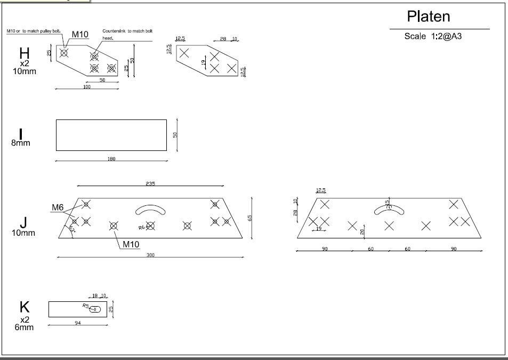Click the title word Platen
coord(428,17)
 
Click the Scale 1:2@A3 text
coord(431,36)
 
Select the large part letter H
coord(25,53)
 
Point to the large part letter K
coord(25,307)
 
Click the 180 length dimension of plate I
coord(111,159)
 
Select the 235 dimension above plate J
coord(150,183)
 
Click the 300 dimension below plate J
coord(150,255)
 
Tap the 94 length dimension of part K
coord(78,323)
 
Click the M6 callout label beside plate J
coord(58,207)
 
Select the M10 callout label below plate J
coord(131,244)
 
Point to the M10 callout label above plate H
coord(80,35)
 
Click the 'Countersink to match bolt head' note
coord(127,34)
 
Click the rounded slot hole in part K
coord(96,309)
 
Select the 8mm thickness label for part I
coord(21,143)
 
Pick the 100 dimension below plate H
coord(87,87)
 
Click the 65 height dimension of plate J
coord(249,218)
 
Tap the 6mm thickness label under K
coord(24,327)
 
